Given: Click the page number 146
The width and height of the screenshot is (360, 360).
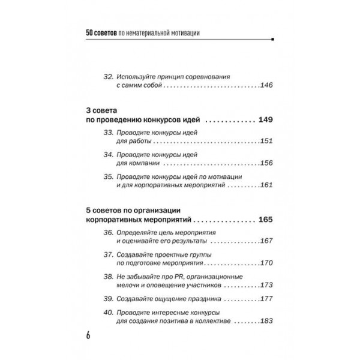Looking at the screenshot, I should [x=267, y=86].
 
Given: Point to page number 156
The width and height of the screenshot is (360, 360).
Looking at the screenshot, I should [x=267, y=164].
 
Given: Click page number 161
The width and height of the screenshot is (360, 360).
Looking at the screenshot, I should [x=267, y=186].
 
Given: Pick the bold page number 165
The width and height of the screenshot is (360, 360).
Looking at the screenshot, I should [x=265, y=220].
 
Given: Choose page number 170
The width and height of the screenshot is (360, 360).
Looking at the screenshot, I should [x=267, y=263].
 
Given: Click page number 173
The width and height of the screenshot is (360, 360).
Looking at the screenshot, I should [x=267, y=286].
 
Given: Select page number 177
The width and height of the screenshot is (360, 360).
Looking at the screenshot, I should [x=267, y=299].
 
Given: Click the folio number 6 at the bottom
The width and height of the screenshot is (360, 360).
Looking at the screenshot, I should [x=88, y=335].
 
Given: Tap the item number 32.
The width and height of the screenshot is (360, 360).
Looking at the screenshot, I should [x=109, y=77].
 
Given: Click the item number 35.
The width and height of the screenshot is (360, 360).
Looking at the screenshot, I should [x=109, y=177].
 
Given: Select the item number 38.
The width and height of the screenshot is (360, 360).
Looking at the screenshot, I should [x=109, y=277].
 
